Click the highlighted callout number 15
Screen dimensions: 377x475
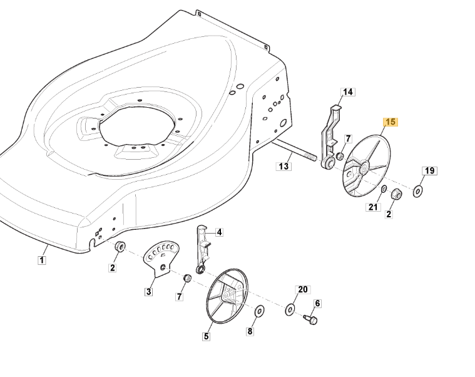pyautogui.click(x=390, y=122)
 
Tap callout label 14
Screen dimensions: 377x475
pyautogui.click(x=348, y=92)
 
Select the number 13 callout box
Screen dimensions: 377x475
pyautogui.click(x=283, y=166)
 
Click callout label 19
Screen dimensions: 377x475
pyautogui.click(x=429, y=171)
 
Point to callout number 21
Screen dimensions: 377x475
pyautogui.click(x=374, y=207)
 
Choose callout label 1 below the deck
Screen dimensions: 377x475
pyautogui.click(x=41, y=260)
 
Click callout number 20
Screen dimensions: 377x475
pyautogui.click(x=303, y=289)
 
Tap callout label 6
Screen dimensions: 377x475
pyautogui.click(x=317, y=304)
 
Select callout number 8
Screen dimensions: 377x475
pyautogui.click(x=250, y=332)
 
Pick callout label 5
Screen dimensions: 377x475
pyautogui.click(x=206, y=336)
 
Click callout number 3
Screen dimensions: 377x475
pyautogui.click(x=149, y=291)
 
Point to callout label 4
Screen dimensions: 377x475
pyautogui.click(x=219, y=232)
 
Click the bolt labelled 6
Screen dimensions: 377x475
pyautogui.click(x=311, y=320)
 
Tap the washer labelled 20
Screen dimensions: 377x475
pyautogui.click(x=290, y=309)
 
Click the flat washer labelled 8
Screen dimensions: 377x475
pyautogui.click(x=258, y=311)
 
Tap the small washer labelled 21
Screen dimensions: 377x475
pyautogui.click(x=382, y=189)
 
